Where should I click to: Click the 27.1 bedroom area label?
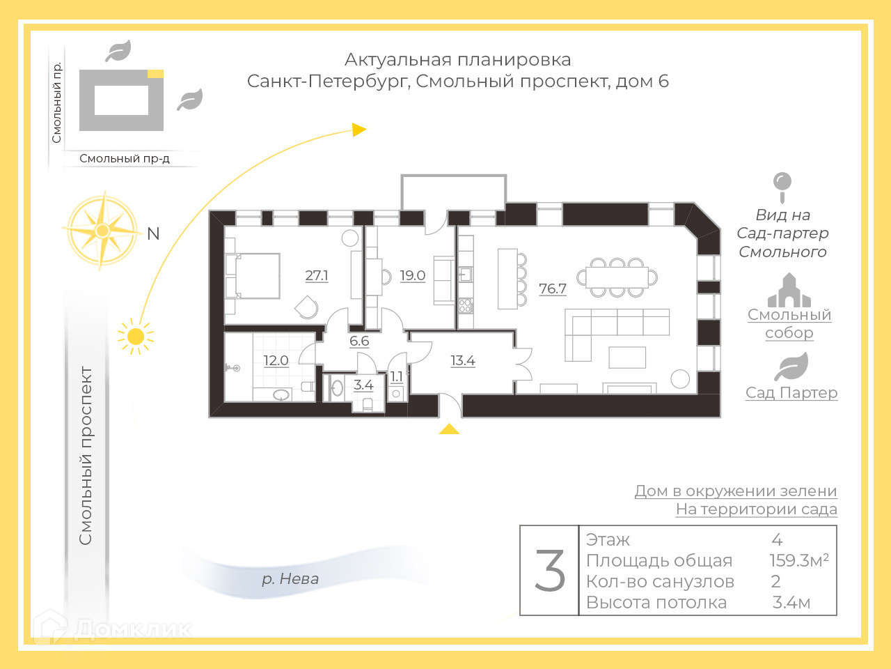(x=317, y=275)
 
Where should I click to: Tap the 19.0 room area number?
(x=412, y=275)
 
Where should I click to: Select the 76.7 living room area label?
(x=553, y=289)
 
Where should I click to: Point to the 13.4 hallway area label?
(x=462, y=360)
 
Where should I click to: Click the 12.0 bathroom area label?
(x=276, y=360)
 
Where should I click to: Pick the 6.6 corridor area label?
(x=359, y=341)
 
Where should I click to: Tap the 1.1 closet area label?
(x=396, y=377)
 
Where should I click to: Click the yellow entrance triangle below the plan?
(x=449, y=429)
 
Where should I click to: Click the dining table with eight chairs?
(x=617, y=277)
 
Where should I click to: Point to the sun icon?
(x=136, y=337)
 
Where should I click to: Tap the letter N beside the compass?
(x=153, y=234)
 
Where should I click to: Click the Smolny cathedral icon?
(x=789, y=291)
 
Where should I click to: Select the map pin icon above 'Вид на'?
(x=782, y=185)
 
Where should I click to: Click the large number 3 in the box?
(x=550, y=571)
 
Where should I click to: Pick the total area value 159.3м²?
(x=798, y=560)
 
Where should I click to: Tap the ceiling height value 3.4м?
(x=791, y=603)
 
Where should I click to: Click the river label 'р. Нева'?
(x=290, y=578)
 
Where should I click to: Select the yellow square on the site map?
(x=156, y=74)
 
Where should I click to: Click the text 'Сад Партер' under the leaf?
(x=791, y=393)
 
